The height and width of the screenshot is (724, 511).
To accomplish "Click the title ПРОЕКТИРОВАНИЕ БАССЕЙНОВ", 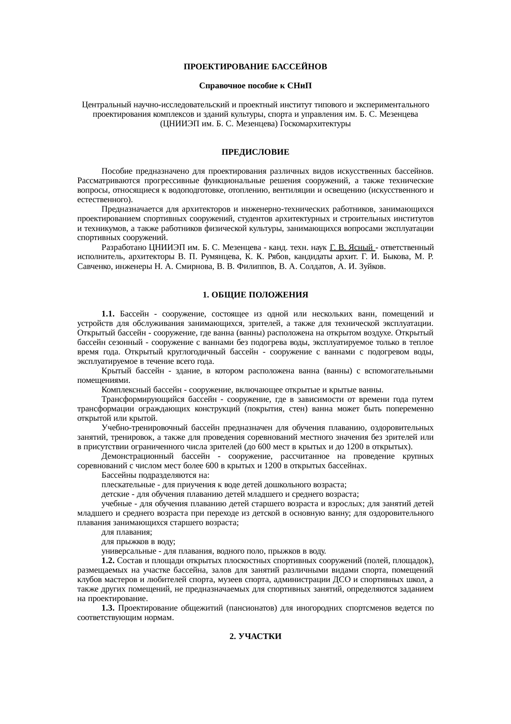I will (x=255, y=66).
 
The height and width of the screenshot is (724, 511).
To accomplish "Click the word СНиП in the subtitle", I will (x=300, y=86).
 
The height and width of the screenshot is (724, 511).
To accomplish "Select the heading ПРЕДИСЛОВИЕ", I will (x=255, y=152).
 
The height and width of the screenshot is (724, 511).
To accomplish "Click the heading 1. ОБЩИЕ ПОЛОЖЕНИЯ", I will (x=255, y=295).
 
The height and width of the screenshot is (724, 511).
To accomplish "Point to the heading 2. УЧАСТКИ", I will (x=255, y=637).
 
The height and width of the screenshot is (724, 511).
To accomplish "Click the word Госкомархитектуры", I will (x=315, y=123).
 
